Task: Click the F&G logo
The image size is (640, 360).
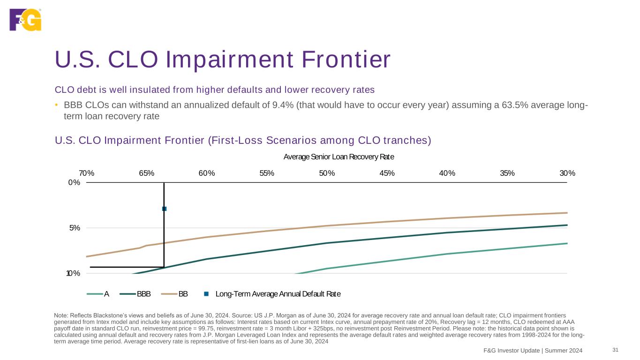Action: (x=25, y=19)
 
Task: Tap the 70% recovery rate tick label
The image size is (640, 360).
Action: (x=87, y=173)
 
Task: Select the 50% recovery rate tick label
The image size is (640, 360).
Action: (x=327, y=173)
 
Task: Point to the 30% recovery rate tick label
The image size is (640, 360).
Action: (x=567, y=173)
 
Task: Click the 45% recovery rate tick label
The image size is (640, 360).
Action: (x=387, y=173)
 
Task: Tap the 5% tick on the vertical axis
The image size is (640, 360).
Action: (x=74, y=228)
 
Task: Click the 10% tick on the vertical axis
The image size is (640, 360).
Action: (x=73, y=273)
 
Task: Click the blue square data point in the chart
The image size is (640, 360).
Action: (x=164, y=209)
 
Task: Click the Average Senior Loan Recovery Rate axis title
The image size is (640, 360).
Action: (x=339, y=157)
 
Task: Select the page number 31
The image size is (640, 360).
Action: (x=616, y=350)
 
